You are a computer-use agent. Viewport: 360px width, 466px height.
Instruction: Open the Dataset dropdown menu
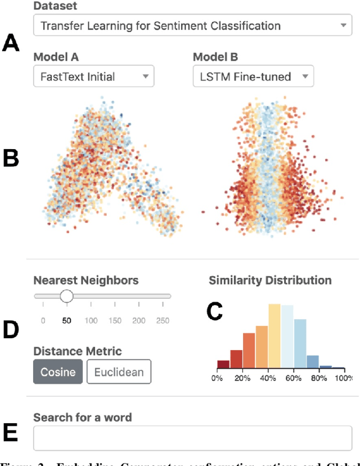tap(192, 25)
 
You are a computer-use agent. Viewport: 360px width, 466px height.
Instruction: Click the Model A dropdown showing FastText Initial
tap(93, 76)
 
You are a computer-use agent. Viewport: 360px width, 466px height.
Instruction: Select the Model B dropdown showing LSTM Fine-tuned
tap(253, 76)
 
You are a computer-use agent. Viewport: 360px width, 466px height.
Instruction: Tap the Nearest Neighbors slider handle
tap(66, 296)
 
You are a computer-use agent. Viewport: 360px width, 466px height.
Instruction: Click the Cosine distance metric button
tap(58, 372)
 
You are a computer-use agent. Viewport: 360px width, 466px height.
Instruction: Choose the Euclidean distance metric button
tap(119, 372)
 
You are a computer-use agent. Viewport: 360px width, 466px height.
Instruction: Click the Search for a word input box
tap(192, 438)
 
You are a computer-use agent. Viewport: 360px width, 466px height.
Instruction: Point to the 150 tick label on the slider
tap(114, 321)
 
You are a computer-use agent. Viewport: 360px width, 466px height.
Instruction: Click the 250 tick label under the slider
tap(163, 321)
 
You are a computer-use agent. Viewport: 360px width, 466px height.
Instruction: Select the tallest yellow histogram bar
tap(274, 336)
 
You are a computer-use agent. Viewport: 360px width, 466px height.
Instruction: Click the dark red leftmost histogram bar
tap(223, 364)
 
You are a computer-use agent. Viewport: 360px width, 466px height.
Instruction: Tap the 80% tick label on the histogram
tap(319, 378)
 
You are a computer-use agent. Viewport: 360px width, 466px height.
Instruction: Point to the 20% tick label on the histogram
tap(242, 378)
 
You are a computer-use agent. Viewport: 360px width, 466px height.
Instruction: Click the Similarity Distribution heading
tap(270, 280)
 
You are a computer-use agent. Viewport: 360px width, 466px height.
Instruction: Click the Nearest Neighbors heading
tap(86, 280)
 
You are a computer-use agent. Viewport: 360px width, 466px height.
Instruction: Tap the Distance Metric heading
tap(77, 351)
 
